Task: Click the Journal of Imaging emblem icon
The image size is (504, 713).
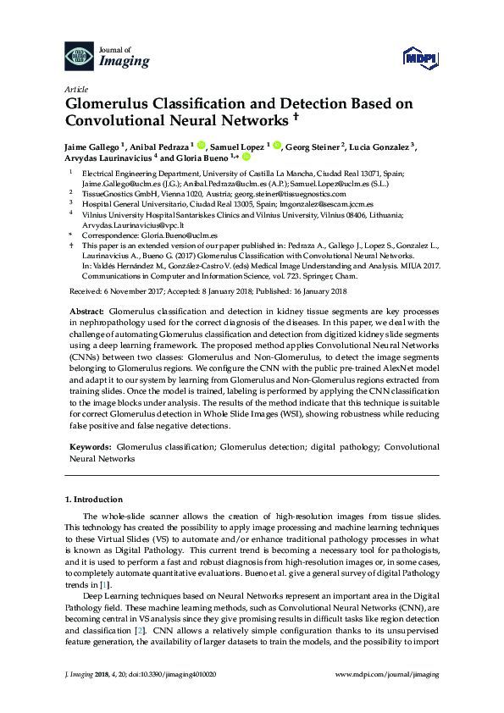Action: coord(79,57)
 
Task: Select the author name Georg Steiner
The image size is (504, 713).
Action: coord(312,146)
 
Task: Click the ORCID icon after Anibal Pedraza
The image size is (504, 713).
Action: coord(201,145)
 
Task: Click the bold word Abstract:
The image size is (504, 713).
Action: coord(86,312)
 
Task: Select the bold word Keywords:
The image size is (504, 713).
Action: coord(89,445)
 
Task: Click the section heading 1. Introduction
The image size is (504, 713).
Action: coord(95,500)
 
